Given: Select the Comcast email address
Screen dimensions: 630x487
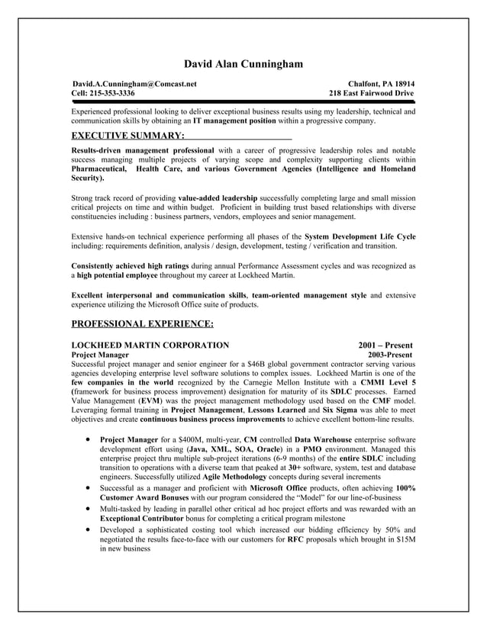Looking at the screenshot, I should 134,83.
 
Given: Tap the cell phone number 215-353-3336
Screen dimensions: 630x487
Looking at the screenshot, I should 111,93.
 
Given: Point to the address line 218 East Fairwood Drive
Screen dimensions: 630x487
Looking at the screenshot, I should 372,93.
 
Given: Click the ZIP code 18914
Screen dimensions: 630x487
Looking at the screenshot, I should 401,83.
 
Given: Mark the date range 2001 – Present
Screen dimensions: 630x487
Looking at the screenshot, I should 385,346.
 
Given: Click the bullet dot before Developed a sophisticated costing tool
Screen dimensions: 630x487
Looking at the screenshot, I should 91,529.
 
